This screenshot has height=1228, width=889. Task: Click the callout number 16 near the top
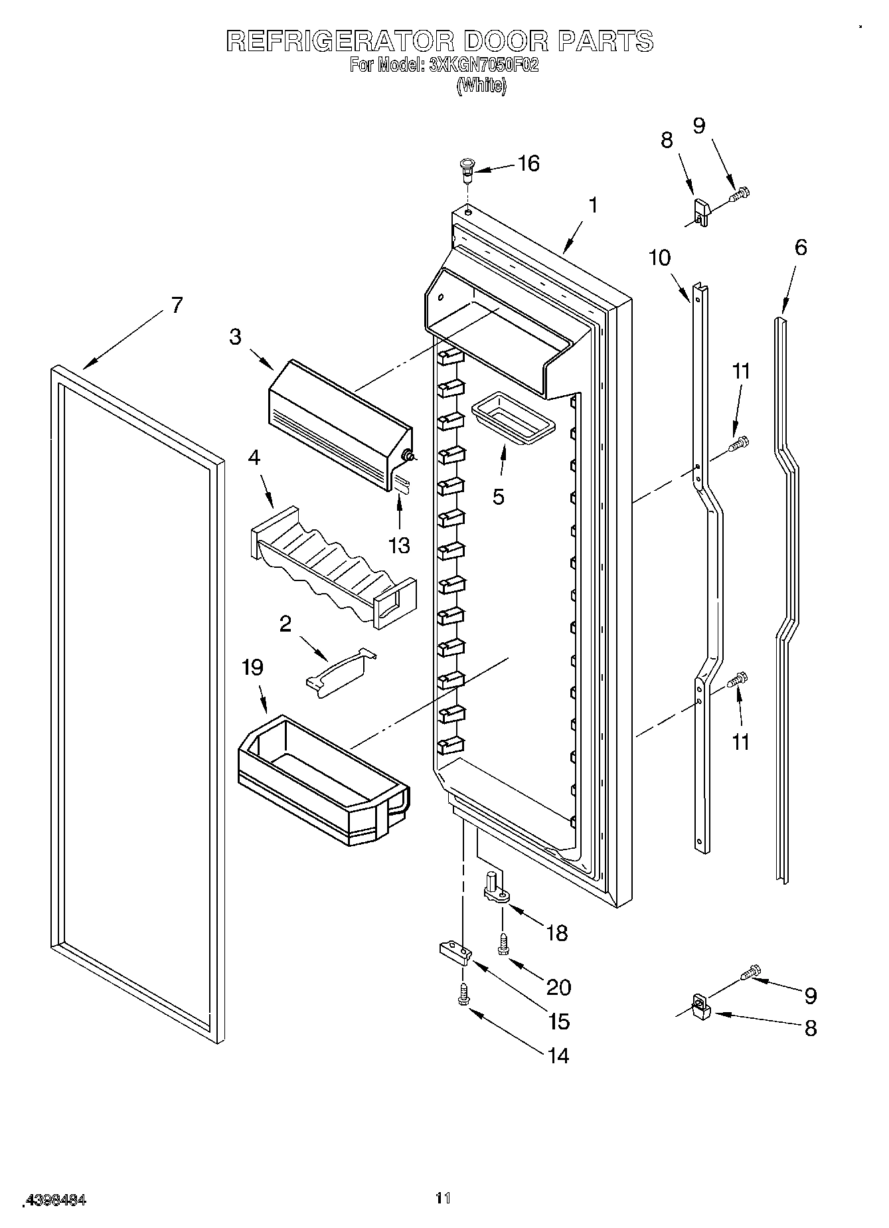(528, 163)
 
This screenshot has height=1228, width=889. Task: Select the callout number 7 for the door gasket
(176, 305)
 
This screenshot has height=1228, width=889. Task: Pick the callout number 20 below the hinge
(558, 988)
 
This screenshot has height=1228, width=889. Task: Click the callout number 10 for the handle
(659, 258)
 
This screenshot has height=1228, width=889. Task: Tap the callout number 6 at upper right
(801, 248)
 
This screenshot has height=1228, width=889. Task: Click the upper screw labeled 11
(739, 443)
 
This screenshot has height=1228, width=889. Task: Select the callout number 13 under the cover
(399, 545)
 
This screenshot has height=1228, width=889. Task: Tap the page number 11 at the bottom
(443, 1197)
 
